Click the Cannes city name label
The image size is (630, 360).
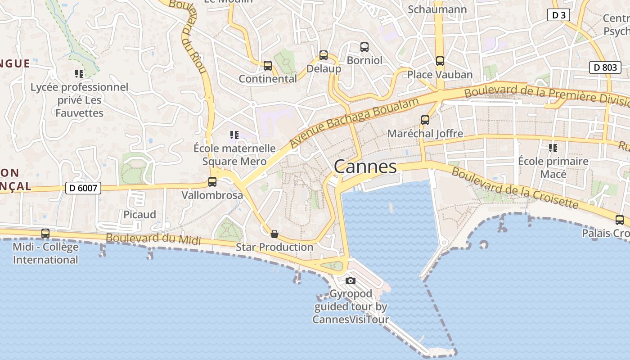(365, 167)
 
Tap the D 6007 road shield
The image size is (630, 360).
(83, 188)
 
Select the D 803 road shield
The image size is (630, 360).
(605, 67)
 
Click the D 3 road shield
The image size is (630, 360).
(558, 15)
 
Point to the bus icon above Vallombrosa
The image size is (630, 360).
(212, 182)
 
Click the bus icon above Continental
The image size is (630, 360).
(268, 66)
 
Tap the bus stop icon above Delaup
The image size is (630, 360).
(324, 55)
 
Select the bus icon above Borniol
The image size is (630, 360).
(364, 47)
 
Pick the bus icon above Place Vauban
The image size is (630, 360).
(440, 61)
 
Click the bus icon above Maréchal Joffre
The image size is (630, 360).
(425, 120)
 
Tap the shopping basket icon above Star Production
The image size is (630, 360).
(274, 234)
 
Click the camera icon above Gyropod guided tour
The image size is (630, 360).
(351, 281)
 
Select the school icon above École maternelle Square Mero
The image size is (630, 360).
(234, 135)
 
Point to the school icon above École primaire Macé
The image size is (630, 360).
(553, 148)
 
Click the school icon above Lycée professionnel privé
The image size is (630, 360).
(79, 73)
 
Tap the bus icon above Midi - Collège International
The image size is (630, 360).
(45, 234)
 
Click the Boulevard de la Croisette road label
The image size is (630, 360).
(514, 188)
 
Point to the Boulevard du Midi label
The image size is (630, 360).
(153, 238)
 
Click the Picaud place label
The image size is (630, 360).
(139, 215)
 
